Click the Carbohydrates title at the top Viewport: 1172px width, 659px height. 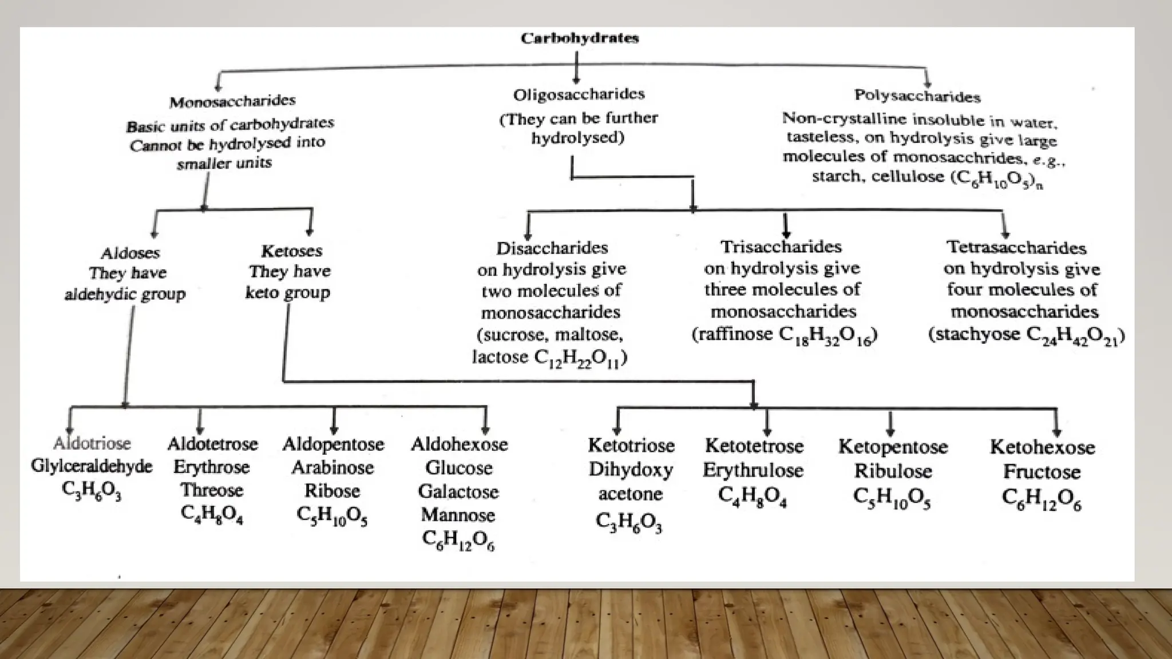click(579, 38)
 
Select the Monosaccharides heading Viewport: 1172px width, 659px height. click(232, 101)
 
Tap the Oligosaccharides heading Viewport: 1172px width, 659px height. click(579, 94)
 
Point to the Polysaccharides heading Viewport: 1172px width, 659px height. click(917, 96)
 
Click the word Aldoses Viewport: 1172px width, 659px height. click(130, 253)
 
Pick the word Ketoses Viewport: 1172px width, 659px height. click(291, 251)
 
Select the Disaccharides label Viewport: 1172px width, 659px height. click(552, 248)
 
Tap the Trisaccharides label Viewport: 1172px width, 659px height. click(781, 247)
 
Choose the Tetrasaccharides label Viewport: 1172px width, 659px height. click(1016, 247)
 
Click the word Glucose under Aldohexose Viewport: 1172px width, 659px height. click(458, 468)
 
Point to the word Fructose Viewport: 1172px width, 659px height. click(1042, 472)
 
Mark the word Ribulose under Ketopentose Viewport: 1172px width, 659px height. click(893, 471)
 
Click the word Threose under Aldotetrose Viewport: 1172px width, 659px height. click(212, 490)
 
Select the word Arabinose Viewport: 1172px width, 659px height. click(332, 468)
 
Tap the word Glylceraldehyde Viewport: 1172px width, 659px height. click(92, 466)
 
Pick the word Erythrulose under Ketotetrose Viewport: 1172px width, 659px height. click(753, 470)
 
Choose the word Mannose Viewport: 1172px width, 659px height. click(458, 515)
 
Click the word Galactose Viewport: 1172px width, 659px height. click(458, 491)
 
